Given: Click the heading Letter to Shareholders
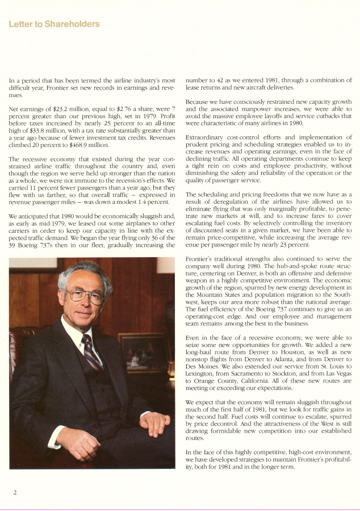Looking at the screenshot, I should click(x=54, y=24).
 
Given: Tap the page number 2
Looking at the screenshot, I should click(x=15, y=492).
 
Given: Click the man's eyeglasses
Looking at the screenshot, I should click(x=85, y=295).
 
